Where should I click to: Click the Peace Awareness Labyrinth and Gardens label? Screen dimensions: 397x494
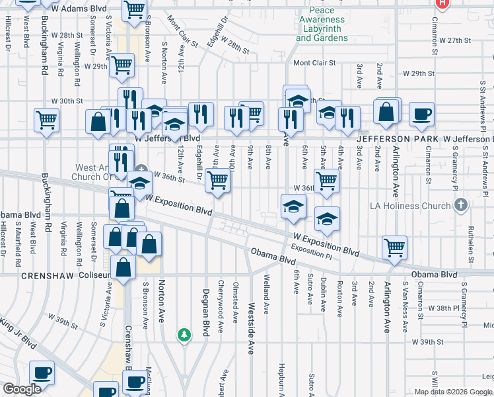click(x=322, y=24)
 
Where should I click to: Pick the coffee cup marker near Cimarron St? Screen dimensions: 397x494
click(x=421, y=114)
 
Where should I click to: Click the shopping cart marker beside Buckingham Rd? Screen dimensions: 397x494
click(x=47, y=120)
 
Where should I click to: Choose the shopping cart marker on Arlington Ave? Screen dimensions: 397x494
click(x=395, y=247)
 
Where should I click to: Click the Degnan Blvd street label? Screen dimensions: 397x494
click(x=205, y=312)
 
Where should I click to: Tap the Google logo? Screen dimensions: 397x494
click(x=22, y=389)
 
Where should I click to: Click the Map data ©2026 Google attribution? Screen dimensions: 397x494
click(x=452, y=392)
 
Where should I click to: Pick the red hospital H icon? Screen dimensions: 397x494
click(x=442, y=3)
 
